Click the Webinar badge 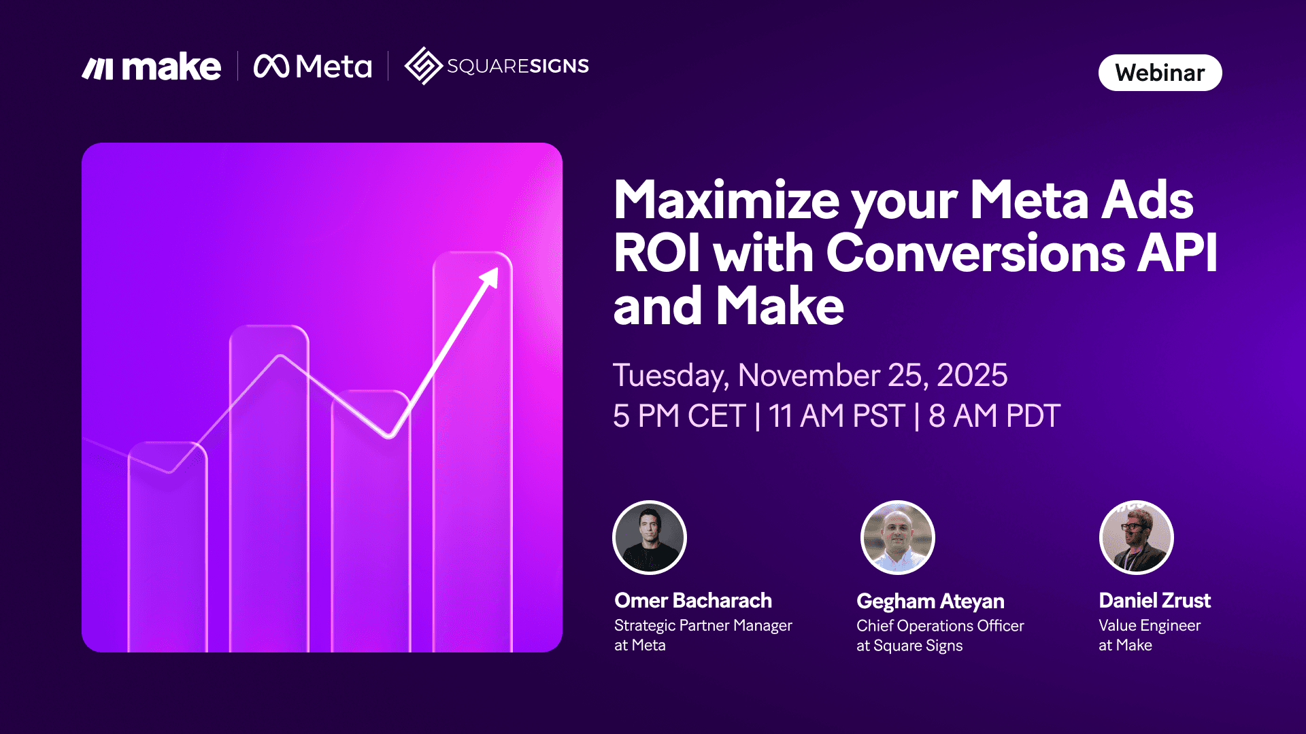[x=1160, y=73]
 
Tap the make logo [x=152, y=67]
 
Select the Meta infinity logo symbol [x=271, y=66]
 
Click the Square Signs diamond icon [x=423, y=66]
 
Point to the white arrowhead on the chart [x=491, y=277]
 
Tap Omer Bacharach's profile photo [x=650, y=538]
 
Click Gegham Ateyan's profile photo [x=897, y=538]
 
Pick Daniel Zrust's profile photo [x=1136, y=538]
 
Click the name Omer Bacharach [x=692, y=601]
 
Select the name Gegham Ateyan [x=930, y=601]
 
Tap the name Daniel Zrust [x=1154, y=601]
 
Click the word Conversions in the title [x=975, y=253]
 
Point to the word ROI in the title [x=656, y=253]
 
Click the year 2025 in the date [x=971, y=375]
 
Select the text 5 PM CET [x=679, y=416]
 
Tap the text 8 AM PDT [x=994, y=416]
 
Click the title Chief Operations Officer [x=939, y=626]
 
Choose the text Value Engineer [x=1149, y=625]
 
